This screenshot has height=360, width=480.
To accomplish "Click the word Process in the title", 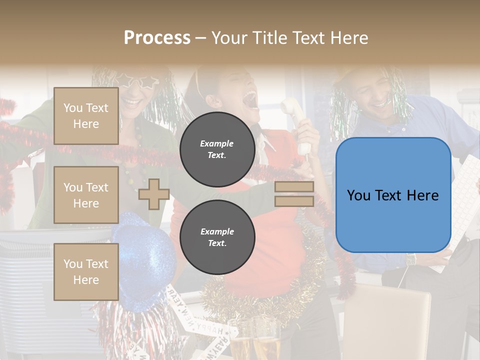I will [157, 38].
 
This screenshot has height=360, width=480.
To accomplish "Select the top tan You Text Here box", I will [86, 116].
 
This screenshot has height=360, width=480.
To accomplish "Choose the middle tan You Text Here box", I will [86, 195].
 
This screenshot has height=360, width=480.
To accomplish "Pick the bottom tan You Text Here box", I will [86, 271].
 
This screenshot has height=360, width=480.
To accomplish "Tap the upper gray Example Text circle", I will [217, 149].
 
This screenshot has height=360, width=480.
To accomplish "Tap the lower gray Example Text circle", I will [217, 237].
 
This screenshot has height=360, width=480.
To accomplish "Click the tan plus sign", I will [154, 194].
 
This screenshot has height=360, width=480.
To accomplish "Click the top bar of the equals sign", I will [294, 187].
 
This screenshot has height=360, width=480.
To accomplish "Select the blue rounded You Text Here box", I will [393, 195].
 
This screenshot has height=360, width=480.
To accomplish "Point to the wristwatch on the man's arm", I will [411, 259].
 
